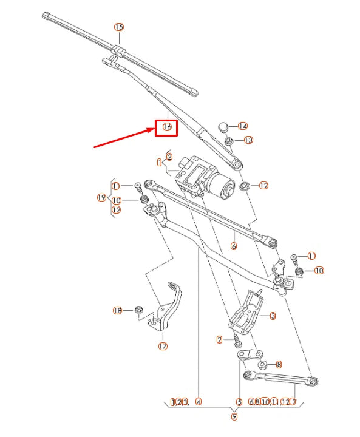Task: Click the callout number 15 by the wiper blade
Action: point(119,27)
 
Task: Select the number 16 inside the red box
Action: point(166,127)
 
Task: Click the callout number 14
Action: point(243,126)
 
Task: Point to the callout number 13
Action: point(248,140)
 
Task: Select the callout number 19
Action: point(102,197)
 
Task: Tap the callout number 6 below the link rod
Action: point(234,246)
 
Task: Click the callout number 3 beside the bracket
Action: point(273,316)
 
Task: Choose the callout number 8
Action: point(279,365)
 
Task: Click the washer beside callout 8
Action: point(263,365)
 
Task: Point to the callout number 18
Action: point(118,310)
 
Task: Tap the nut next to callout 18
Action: point(138,310)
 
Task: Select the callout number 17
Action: point(163,347)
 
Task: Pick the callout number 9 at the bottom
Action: point(234,416)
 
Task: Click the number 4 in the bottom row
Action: point(198,402)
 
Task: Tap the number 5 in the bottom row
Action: point(239,402)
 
